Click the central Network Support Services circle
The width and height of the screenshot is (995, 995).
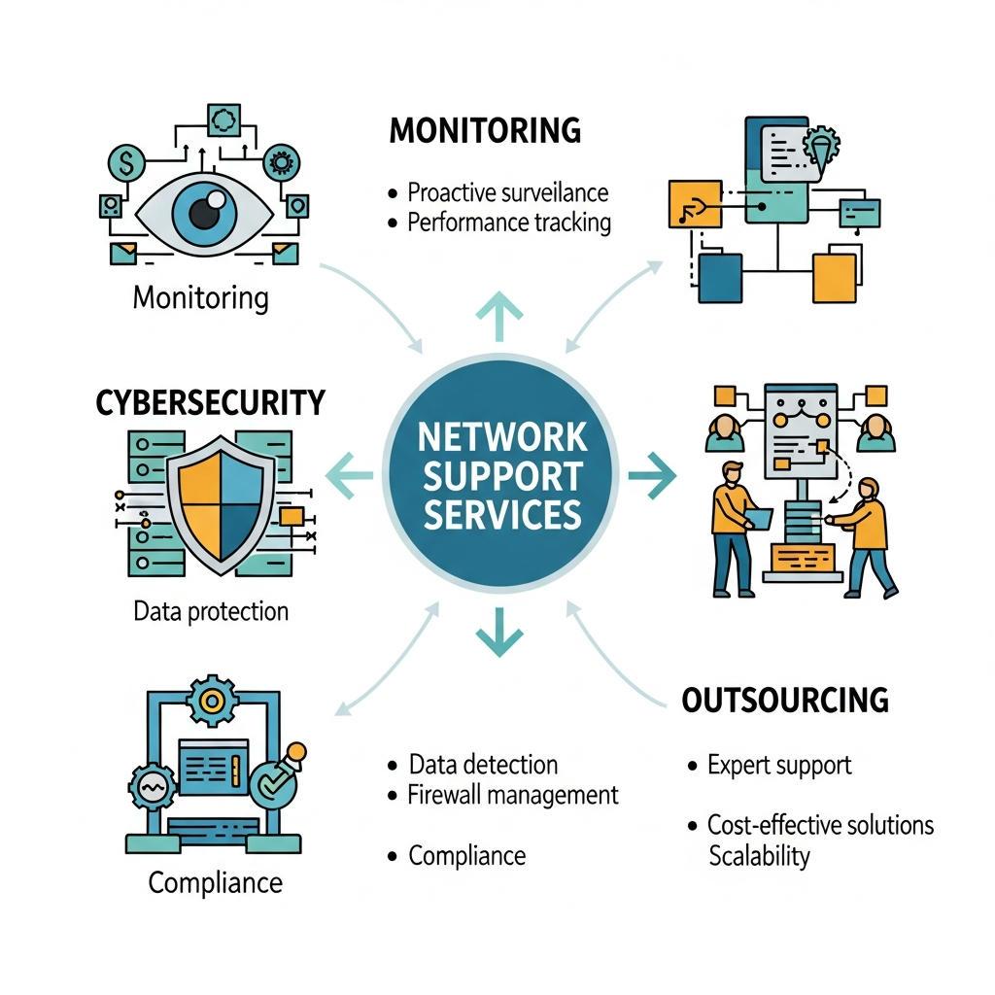click(x=501, y=474)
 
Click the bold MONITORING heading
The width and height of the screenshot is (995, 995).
click(x=485, y=129)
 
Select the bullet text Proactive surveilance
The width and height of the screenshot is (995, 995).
click(x=507, y=191)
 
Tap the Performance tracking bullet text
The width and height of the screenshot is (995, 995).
click(x=509, y=223)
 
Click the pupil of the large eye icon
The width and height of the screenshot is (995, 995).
click(x=204, y=212)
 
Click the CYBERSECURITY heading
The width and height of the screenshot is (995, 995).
click(x=211, y=402)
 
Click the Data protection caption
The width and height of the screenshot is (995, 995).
click(x=211, y=611)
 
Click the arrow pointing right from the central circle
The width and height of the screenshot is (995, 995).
click(x=652, y=475)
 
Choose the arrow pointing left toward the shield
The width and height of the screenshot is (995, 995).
click(x=348, y=475)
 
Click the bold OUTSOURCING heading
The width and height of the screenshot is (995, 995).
click(x=785, y=700)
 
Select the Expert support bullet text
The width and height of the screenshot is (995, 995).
click(x=779, y=765)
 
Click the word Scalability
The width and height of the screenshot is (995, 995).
click(x=759, y=856)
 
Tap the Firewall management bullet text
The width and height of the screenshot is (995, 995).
click(x=513, y=795)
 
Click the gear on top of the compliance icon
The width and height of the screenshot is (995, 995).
click(x=210, y=699)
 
